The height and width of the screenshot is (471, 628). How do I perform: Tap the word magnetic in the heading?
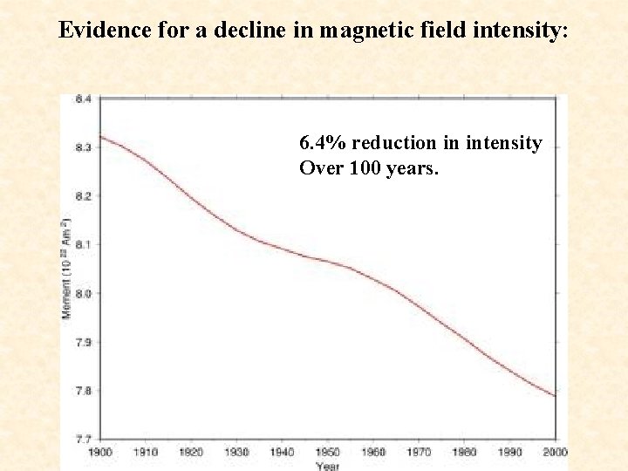(359, 30)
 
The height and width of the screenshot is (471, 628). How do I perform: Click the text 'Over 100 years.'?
(369, 167)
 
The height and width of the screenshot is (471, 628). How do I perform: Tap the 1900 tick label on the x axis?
(100, 452)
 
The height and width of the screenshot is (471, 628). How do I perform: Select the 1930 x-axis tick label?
(236, 452)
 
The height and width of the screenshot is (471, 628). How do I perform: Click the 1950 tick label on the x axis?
(327, 452)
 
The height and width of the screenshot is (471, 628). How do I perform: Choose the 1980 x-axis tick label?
(463, 452)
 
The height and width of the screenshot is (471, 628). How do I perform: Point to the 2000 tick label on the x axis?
(554, 452)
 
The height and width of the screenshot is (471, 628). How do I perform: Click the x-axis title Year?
(327, 465)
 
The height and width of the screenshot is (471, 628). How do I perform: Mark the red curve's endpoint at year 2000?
(555, 396)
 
